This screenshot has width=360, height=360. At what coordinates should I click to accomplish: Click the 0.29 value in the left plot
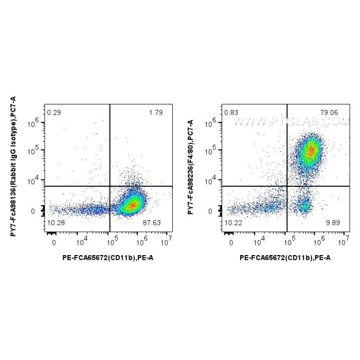(x=54, y=113)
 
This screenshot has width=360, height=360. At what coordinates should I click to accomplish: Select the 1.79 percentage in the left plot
(x=156, y=113)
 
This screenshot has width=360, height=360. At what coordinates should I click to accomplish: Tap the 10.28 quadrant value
(x=56, y=223)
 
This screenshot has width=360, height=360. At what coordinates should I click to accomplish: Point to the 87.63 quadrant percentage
(x=152, y=223)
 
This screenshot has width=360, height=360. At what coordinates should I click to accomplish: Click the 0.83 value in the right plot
(x=231, y=113)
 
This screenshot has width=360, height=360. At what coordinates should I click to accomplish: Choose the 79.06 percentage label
(x=329, y=113)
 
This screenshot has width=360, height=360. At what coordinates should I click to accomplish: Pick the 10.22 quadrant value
(x=233, y=223)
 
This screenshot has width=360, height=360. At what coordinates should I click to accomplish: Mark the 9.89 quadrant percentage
(x=333, y=223)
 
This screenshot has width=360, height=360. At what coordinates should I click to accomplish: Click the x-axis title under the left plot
(x=108, y=258)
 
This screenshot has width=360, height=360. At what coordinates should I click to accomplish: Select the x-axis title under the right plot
(x=285, y=258)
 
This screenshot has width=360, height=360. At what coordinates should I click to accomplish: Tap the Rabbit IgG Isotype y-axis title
(x=13, y=167)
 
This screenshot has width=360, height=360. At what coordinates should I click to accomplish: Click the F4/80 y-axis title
(x=191, y=167)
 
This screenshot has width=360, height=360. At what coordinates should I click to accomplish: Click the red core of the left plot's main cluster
(x=133, y=205)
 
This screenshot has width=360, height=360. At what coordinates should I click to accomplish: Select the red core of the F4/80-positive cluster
(x=311, y=151)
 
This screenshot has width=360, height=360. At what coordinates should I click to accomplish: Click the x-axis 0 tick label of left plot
(x=53, y=243)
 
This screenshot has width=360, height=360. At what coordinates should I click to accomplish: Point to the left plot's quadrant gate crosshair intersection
(x=110, y=186)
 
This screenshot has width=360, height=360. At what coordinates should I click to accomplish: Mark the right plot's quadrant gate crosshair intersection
(x=287, y=186)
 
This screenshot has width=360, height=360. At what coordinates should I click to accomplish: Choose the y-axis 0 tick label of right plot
(x=210, y=211)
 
